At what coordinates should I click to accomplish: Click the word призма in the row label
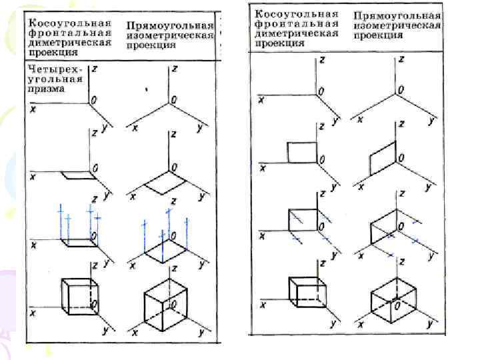click(47, 88)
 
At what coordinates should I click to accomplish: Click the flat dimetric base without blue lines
click(77, 176)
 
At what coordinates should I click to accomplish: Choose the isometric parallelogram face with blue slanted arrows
click(383, 227)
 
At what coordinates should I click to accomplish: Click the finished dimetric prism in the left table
click(79, 295)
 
